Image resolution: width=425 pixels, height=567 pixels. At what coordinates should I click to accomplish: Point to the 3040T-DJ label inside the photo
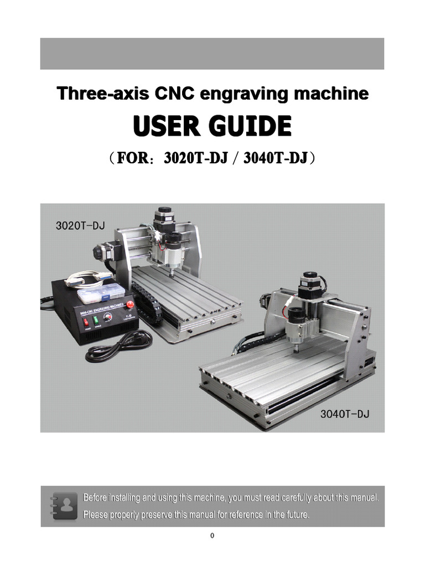[345, 414]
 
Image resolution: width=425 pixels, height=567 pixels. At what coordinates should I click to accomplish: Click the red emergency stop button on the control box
[131, 304]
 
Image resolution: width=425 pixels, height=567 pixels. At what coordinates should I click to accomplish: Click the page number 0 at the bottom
[212, 535]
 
